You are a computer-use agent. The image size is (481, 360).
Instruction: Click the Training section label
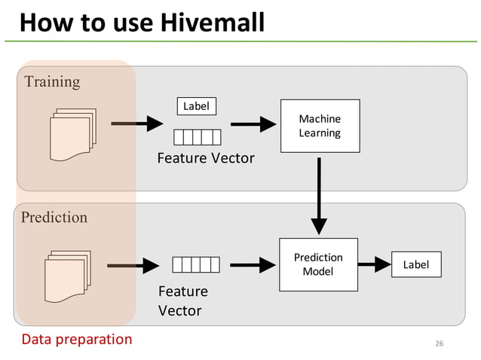(x=52, y=81)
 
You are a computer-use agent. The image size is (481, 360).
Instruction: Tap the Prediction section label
(x=54, y=218)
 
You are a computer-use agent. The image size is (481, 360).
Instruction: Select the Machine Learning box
(x=320, y=126)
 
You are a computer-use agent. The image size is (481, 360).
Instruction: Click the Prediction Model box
(x=318, y=264)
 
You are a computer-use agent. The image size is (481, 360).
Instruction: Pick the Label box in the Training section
(x=196, y=106)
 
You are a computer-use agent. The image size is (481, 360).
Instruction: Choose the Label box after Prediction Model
(x=415, y=264)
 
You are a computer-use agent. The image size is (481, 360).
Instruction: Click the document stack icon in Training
(x=72, y=135)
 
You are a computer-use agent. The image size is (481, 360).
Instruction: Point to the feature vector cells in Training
(x=198, y=137)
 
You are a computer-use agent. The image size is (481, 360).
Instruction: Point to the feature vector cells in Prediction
(x=196, y=264)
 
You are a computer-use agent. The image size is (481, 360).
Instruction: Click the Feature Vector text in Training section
(x=205, y=158)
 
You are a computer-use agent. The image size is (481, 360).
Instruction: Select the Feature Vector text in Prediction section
(x=183, y=301)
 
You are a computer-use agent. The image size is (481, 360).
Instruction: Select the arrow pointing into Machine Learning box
(x=253, y=124)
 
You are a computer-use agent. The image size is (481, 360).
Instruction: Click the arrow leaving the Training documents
(x=137, y=124)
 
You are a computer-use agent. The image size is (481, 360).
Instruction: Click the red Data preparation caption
(x=76, y=339)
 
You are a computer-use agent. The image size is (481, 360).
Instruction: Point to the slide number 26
(x=440, y=344)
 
